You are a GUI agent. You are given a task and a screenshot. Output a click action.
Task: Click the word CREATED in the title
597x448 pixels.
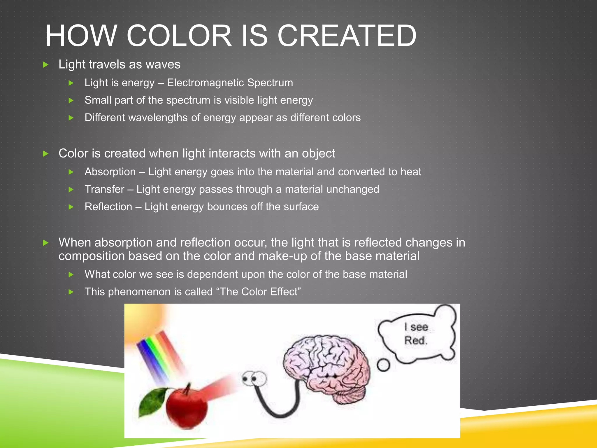click(347, 36)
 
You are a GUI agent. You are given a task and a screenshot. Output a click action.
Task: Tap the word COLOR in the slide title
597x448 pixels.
click(179, 36)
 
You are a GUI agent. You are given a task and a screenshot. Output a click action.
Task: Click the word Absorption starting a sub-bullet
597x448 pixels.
click(110, 172)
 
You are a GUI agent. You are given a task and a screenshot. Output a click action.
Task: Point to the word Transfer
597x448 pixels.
click(104, 189)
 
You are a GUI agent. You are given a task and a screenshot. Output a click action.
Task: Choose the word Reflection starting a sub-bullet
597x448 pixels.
click(108, 207)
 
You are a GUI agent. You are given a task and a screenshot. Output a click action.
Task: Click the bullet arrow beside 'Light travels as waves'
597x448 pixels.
click(46, 65)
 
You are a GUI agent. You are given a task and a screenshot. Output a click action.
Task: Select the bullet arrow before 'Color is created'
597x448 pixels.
click(46, 154)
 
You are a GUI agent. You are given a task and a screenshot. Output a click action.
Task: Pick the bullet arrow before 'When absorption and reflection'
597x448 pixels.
click(46, 243)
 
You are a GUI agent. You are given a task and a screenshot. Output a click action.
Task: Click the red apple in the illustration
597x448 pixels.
click(187, 407)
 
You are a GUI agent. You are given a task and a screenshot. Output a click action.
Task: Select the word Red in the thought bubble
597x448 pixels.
click(415, 340)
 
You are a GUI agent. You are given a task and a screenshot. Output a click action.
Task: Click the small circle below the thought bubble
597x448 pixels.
click(383, 365)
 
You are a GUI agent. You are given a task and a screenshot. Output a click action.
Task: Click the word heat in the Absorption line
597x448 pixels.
click(411, 172)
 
